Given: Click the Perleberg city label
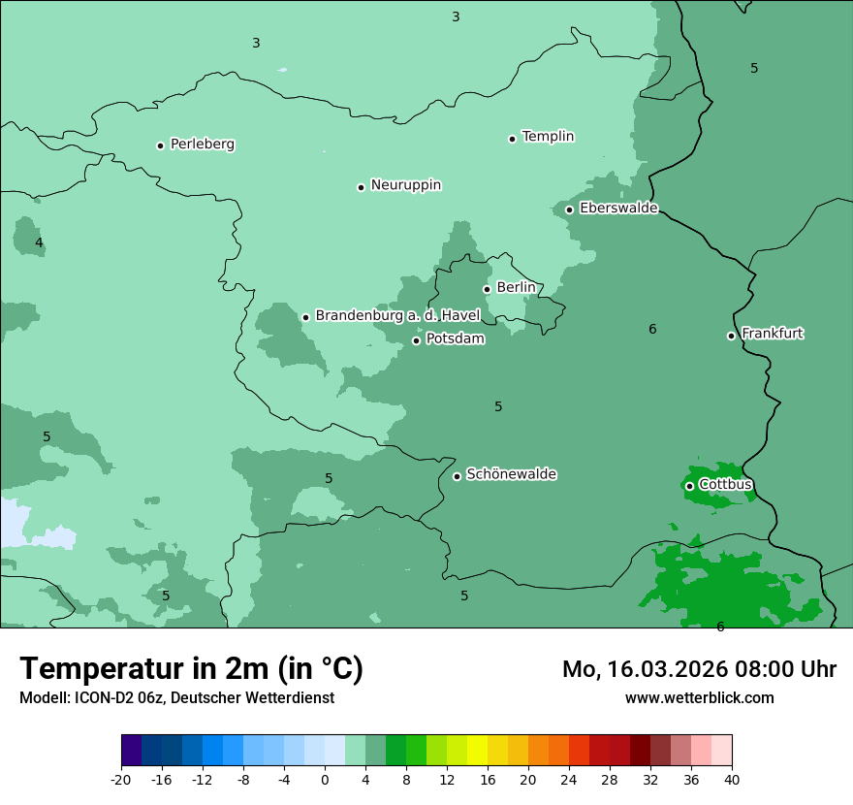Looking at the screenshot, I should (x=202, y=145).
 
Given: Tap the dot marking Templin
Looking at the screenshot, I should (x=512, y=139).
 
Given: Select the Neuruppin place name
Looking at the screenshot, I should (x=405, y=185).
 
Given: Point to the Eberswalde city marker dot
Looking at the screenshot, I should (x=570, y=209).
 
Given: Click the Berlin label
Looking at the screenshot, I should (x=516, y=288).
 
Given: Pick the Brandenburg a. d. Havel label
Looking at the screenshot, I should (x=397, y=316).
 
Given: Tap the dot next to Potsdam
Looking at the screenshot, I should (x=417, y=340).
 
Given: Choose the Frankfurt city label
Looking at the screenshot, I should (x=772, y=334).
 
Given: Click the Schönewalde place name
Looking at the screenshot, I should (x=511, y=474).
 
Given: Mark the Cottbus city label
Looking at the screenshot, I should (x=725, y=485).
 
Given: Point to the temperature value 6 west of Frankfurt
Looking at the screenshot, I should (x=652, y=330).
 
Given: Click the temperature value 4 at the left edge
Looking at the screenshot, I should (x=39, y=242).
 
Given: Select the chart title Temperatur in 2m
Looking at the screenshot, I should (x=191, y=668).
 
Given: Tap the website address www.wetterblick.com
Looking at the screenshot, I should (x=699, y=697).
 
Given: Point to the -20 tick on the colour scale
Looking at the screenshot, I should (x=120, y=779).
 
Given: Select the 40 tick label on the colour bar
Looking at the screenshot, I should (x=732, y=779).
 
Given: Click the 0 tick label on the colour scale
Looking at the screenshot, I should (x=325, y=779).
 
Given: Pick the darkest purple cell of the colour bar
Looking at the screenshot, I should (x=131, y=751).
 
